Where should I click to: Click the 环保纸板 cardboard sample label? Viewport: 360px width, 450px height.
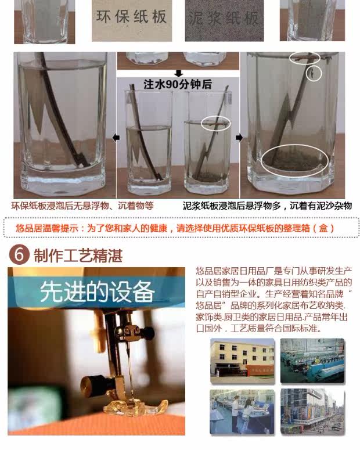131,17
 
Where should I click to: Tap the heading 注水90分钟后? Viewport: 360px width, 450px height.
178,84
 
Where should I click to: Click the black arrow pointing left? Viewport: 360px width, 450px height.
116,138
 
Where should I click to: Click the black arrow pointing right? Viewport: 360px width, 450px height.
239,138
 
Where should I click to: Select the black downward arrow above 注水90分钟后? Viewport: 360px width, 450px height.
179,74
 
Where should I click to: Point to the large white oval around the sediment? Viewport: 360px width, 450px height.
294,160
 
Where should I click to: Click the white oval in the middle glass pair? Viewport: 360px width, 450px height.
215,124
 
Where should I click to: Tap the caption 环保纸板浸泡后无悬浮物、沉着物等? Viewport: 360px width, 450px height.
82,206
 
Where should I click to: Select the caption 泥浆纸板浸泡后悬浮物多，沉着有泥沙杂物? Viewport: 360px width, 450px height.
267,206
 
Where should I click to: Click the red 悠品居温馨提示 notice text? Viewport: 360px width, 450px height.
175,228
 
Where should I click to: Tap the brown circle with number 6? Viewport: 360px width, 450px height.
19,254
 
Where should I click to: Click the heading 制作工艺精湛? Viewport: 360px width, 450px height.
78,255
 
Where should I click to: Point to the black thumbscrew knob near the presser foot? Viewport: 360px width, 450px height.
89,383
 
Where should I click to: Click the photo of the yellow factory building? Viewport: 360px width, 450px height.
242,361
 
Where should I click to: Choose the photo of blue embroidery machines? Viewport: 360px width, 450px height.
312,361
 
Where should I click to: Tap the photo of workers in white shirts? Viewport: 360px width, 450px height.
242,412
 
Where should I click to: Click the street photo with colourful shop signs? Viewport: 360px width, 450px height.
312,412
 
